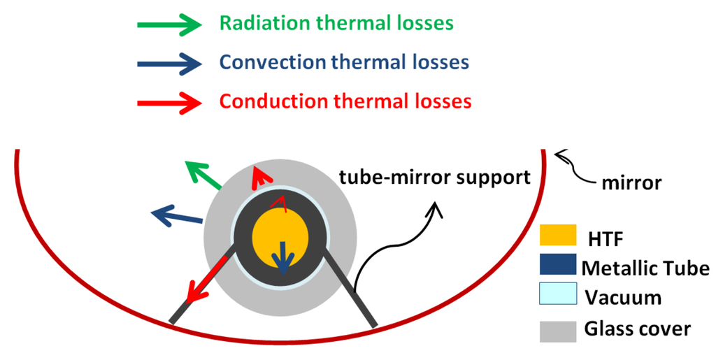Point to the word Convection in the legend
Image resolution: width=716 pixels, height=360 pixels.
(272, 62)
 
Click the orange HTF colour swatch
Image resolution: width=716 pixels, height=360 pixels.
(557, 236)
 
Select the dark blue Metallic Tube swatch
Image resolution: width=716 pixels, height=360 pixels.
(557, 266)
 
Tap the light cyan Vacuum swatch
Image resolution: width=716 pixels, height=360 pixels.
(557, 294)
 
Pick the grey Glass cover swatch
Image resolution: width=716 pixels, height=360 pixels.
(557, 329)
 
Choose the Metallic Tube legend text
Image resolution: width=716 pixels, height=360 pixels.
(645, 268)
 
